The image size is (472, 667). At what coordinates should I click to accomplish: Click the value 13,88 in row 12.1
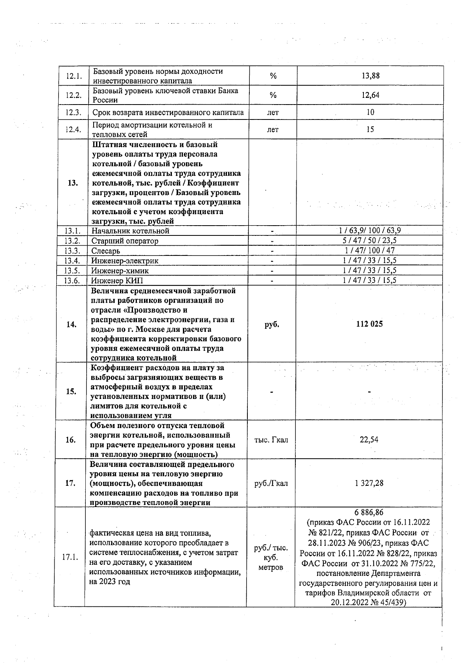click(370, 76)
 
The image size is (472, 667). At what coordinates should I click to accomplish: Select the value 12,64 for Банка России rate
click(370, 95)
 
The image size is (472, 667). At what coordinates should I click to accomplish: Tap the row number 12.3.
click(73, 112)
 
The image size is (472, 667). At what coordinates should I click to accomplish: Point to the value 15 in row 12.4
click(370, 129)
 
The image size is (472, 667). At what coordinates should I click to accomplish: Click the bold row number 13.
click(73, 183)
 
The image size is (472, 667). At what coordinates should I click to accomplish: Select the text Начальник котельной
click(130, 231)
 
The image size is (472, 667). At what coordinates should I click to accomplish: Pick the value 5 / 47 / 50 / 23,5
click(370, 241)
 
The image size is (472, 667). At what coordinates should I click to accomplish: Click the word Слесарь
click(106, 251)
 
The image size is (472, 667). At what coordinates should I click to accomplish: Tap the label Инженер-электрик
click(125, 261)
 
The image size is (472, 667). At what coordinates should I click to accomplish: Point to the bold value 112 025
click(369, 324)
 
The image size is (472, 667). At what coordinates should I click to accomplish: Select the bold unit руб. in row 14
click(271, 324)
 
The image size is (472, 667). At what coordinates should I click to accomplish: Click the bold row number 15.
click(71, 391)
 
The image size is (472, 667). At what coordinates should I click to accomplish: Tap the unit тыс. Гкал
click(271, 440)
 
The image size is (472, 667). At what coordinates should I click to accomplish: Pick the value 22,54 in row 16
click(369, 440)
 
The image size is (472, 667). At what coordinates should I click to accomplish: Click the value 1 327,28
click(369, 483)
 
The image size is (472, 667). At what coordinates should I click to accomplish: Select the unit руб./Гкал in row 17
click(271, 483)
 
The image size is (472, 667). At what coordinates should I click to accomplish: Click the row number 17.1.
click(70, 557)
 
